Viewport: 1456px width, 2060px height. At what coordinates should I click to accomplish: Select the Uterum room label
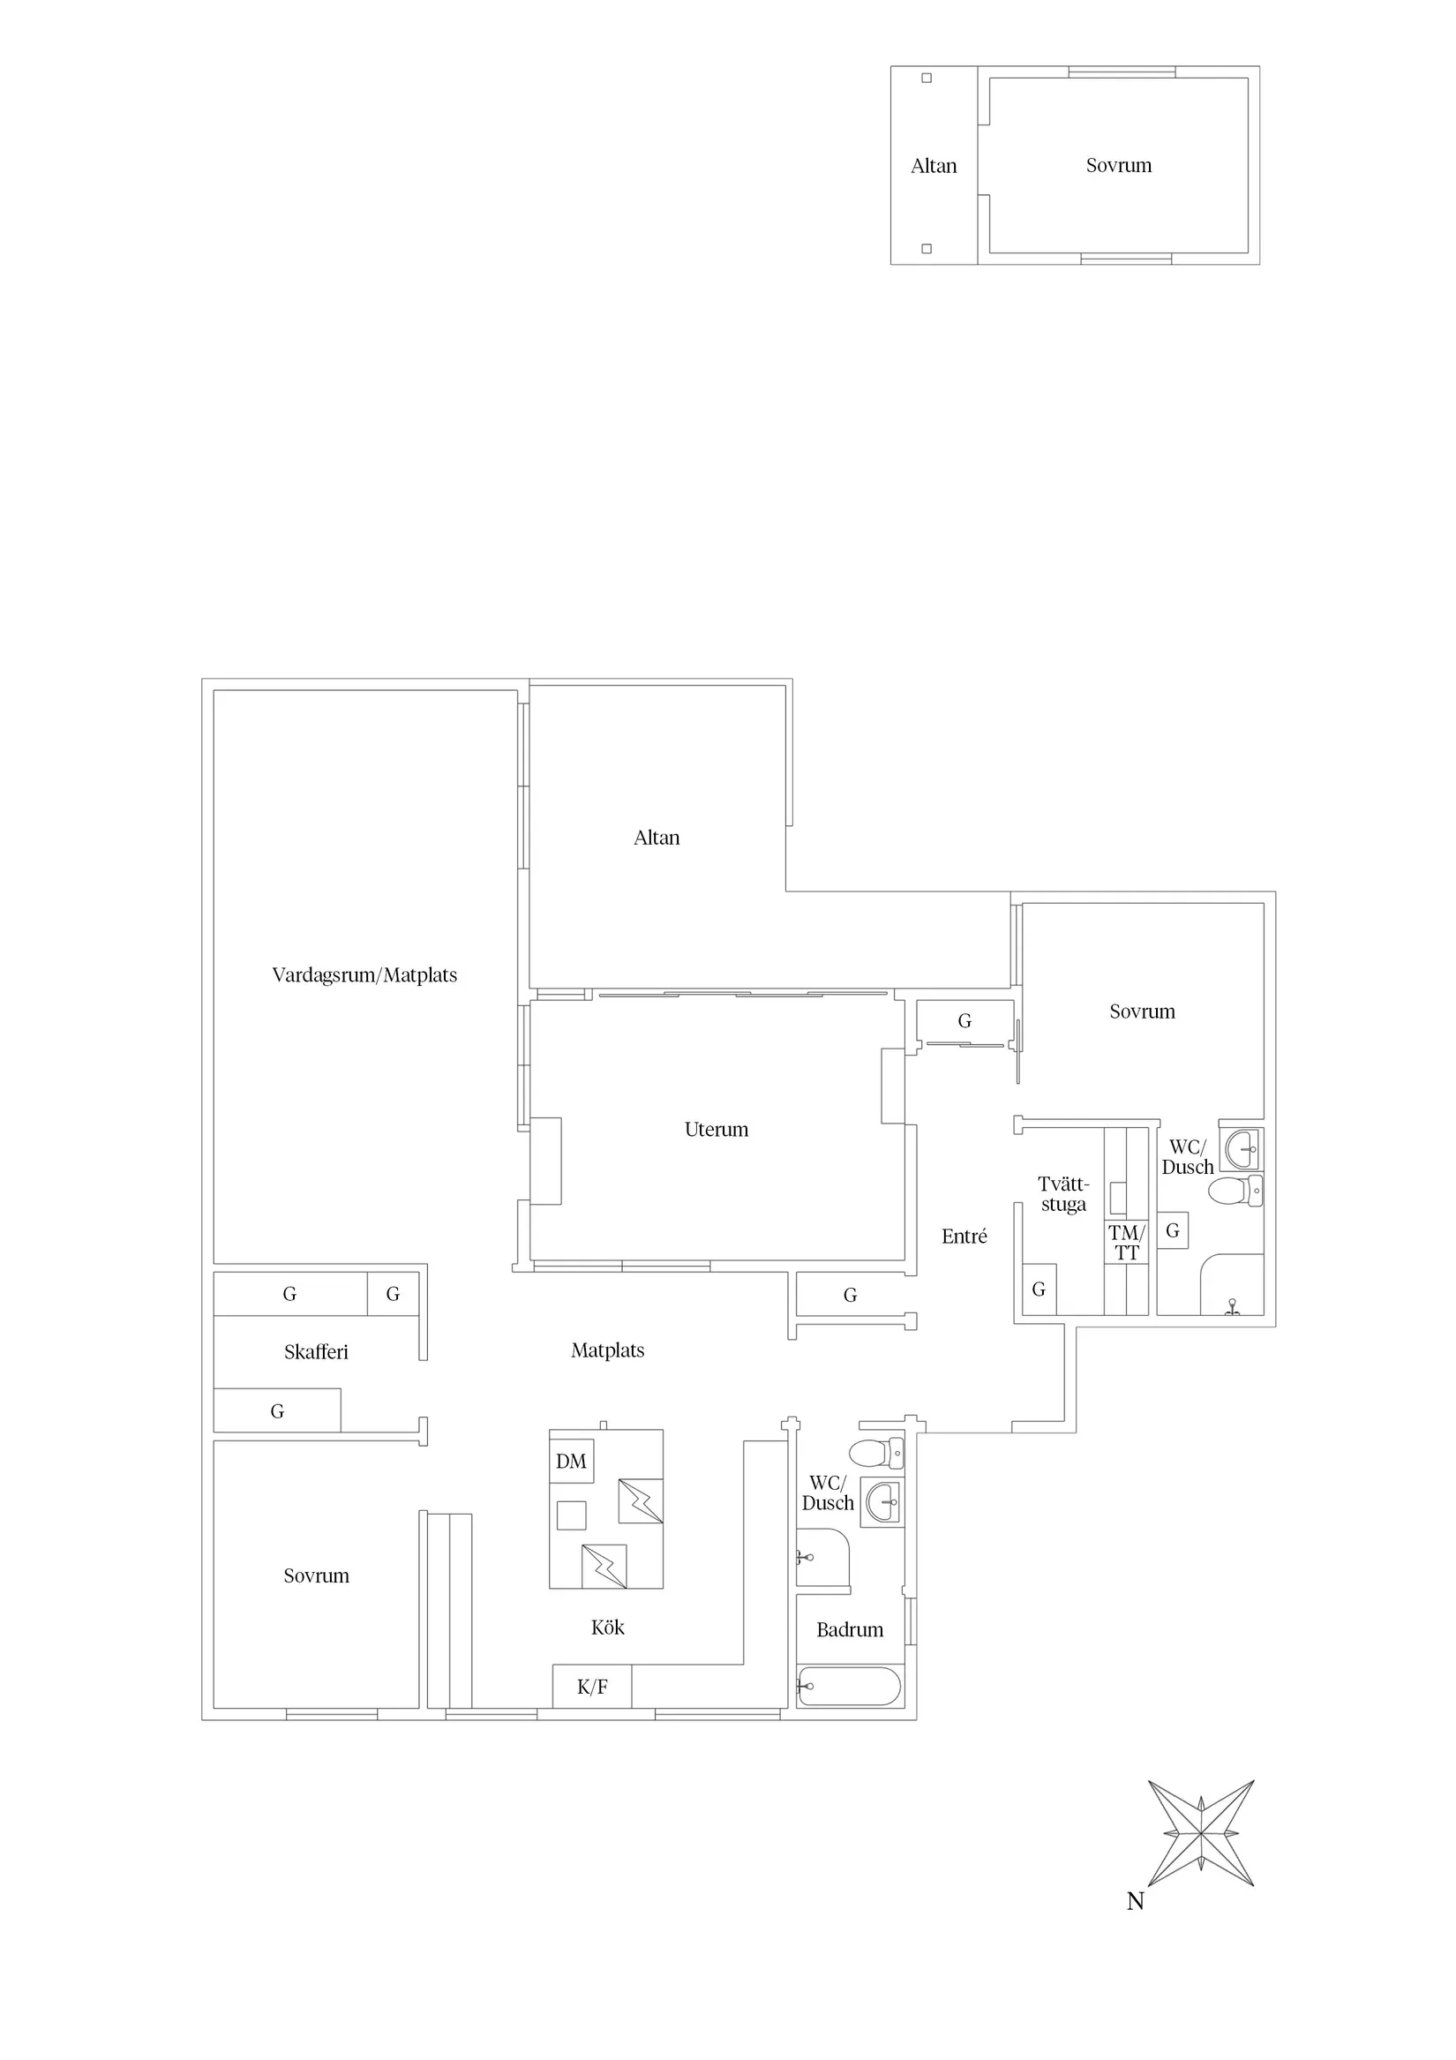coord(716,1130)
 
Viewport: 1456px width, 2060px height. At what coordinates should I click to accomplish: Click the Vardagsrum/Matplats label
coord(364,975)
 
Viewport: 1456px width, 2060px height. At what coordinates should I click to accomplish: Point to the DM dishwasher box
coord(572,1462)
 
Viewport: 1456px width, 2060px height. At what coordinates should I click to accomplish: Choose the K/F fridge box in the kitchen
coord(592,1687)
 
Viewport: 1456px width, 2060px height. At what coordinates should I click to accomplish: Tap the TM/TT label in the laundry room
coord(1127,1243)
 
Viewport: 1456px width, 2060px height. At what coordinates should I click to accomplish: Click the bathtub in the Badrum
coord(849,1687)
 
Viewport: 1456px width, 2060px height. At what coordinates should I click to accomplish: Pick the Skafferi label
coord(316,1352)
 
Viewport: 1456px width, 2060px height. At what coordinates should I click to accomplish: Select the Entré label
coord(964,1237)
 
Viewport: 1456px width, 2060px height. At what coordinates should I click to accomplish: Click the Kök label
coord(607,1627)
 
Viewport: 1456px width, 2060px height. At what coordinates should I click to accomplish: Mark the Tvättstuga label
coord(1064,1194)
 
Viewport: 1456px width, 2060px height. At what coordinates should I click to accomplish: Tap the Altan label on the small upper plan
coord(934,166)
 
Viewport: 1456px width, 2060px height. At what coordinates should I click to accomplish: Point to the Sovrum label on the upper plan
coord(1119,165)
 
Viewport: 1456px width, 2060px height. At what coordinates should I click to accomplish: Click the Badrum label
coord(850,1629)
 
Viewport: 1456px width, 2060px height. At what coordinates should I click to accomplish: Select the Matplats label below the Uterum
coord(607,1350)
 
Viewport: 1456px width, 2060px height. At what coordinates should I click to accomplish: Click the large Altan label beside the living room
coord(657,838)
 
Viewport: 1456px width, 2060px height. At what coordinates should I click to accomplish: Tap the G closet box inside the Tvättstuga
coord(1039,1289)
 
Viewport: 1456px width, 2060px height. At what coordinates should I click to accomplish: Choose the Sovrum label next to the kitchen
coord(316,1575)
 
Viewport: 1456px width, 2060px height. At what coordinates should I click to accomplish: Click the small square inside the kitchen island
coord(572,1515)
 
